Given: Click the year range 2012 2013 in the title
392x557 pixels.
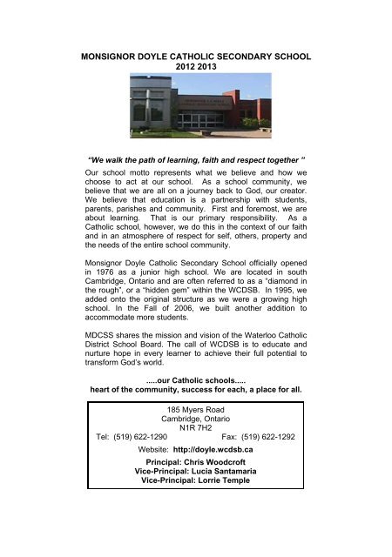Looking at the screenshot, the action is click(x=195, y=66).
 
